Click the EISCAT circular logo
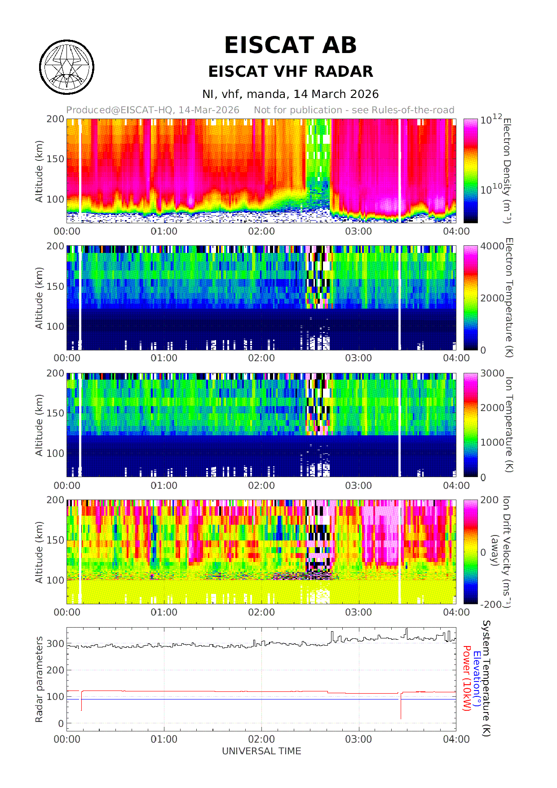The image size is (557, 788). pyautogui.click(x=67, y=67)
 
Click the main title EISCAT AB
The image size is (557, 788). pyautogui.click(x=290, y=45)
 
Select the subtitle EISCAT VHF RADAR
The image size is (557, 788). pyautogui.click(x=291, y=71)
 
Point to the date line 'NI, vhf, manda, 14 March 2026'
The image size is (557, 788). pyautogui.click(x=290, y=94)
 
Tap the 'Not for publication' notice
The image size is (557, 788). pyautogui.click(x=354, y=110)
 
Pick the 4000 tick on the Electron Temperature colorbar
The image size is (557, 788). pyautogui.click(x=492, y=246)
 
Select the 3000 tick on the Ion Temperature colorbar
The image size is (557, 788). pyautogui.click(x=492, y=373)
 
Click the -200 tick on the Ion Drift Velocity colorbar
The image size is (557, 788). pyautogui.click(x=491, y=604)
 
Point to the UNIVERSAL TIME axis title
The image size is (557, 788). pyautogui.click(x=261, y=751)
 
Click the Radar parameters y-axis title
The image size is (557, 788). pyautogui.click(x=39, y=679)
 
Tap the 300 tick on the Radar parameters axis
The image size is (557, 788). pyautogui.click(x=56, y=643)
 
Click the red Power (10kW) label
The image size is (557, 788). pyautogui.click(x=467, y=678)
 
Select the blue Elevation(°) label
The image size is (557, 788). pyautogui.click(x=477, y=678)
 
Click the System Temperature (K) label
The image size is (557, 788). pyautogui.click(x=486, y=678)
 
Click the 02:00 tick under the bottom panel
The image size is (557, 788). pyautogui.click(x=261, y=739)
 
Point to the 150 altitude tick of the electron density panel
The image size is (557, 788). pyautogui.click(x=56, y=159)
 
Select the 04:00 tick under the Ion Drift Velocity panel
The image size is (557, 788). pyautogui.click(x=456, y=612)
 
